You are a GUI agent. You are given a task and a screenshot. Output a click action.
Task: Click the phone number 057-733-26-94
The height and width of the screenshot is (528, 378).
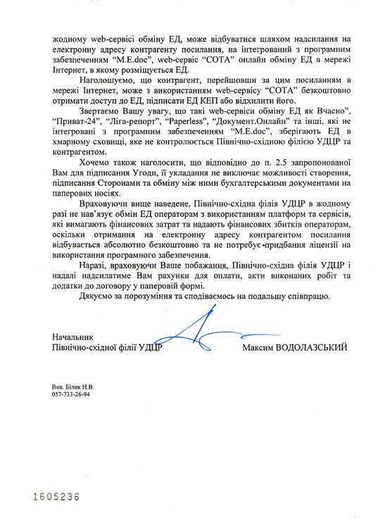(71, 394)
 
